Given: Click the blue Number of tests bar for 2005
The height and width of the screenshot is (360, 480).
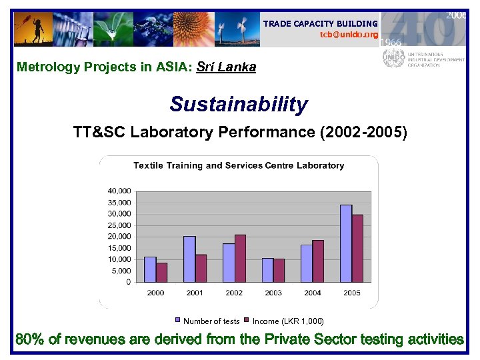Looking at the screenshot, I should (x=346, y=243).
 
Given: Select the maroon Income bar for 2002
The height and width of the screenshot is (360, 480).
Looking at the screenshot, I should (x=241, y=259).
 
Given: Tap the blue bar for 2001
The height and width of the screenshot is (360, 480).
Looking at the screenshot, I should (x=189, y=259).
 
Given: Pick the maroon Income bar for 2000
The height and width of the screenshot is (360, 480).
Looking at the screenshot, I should (x=162, y=272).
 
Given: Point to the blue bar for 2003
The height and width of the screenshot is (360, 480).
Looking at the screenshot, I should (x=267, y=270).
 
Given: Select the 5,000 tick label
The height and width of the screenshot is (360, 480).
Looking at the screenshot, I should (x=121, y=271).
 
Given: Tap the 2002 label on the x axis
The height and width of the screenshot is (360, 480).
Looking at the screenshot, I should (x=234, y=293).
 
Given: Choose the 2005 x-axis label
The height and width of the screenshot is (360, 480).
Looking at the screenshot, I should (x=351, y=293).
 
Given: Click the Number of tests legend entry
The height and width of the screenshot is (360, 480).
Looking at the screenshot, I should (x=207, y=321).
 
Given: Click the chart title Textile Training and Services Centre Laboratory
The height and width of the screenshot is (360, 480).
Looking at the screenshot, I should (x=239, y=165).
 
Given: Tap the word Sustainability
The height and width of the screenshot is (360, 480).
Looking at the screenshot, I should (x=239, y=105).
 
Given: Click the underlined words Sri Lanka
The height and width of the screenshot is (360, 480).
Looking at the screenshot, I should (x=227, y=67).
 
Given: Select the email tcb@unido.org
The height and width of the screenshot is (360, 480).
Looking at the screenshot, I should (x=349, y=35).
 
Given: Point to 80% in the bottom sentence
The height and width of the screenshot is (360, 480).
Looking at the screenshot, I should (x=30, y=339).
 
